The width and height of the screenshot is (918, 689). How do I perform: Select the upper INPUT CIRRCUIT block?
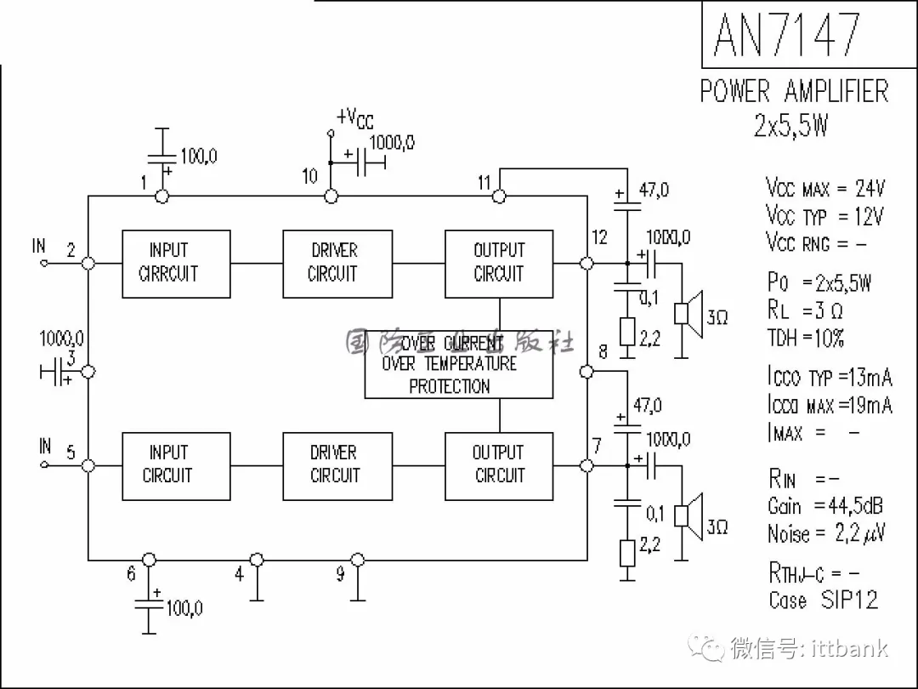click(x=176, y=264)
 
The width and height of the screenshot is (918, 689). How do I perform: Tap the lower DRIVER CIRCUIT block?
click(x=337, y=465)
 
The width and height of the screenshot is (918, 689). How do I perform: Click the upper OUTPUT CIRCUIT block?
click(x=499, y=264)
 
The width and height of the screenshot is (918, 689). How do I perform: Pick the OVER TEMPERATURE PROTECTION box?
click(x=459, y=364)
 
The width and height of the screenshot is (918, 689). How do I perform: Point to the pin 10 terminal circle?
click(x=331, y=196)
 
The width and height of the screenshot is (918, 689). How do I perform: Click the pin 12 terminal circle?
click(x=586, y=264)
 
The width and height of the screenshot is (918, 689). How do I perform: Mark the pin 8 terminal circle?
click(x=586, y=371)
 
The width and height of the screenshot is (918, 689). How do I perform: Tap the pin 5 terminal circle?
click(x=88, y=465)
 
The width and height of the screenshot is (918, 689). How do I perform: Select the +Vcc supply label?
click(x=354, y=119)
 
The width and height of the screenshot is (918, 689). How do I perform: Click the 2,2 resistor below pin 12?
click(x=627, y=332)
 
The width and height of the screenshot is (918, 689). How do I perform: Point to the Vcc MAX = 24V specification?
click(x=824, y=187)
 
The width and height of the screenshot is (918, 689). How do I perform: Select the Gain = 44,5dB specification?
click(x=824, y=506)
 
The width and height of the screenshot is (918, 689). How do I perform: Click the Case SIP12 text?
click(x=823, y=600)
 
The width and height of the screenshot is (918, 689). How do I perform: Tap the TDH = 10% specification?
click(x=805, y=338)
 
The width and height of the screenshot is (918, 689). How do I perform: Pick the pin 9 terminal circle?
click(x=358, y=560)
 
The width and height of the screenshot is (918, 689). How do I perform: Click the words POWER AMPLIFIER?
click(x=794, y=91)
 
